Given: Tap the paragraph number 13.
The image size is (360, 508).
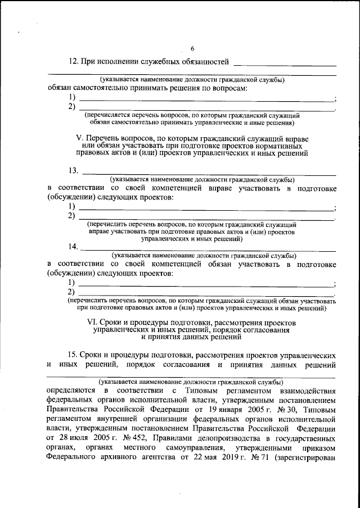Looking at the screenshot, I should pyautogui.click(x=73, y=170).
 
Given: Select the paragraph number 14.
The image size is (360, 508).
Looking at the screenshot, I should pyautogui.click(x=73, y=246).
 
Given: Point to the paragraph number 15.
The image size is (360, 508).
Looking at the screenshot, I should pyautogui.click(x=73, y=356).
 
